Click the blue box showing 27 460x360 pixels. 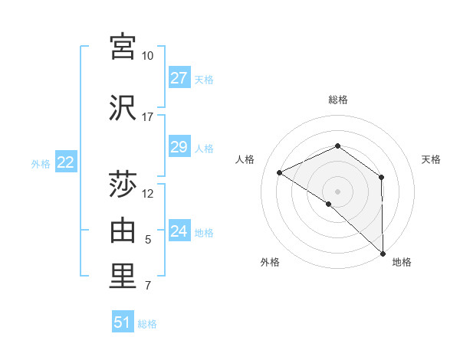179,78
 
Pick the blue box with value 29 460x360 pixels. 179,147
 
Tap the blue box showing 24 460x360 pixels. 179,231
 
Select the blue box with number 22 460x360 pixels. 65,162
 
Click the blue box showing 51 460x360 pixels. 123,322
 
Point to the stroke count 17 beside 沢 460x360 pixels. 147,117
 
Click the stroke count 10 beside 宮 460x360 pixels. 147,56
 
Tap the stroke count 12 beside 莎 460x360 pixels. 148,194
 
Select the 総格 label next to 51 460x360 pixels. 147,324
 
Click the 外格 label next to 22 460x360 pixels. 41,163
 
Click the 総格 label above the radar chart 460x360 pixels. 337,100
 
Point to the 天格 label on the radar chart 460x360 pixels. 431,159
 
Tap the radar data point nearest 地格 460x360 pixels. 383,253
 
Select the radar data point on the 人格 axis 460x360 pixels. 280,172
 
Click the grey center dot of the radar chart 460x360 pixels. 337,191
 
